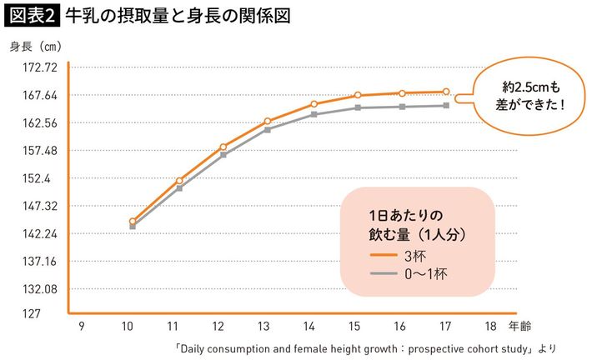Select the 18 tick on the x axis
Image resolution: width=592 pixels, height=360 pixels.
[492, 327]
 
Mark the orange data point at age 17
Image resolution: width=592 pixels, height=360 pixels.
[446, 92]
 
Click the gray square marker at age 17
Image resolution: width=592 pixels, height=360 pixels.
[446, 106]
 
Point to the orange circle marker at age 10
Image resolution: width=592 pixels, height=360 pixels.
[133, 222]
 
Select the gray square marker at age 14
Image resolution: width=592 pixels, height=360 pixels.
[313, 114]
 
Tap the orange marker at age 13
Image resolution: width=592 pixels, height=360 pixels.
[268, 121]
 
